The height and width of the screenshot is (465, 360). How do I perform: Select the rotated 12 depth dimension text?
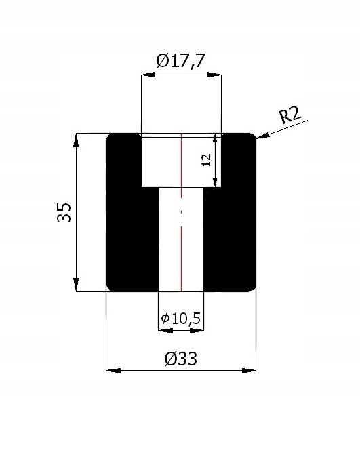(207, 159)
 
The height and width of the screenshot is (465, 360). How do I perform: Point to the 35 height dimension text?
(64, 212)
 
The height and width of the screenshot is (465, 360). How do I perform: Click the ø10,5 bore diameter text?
(180, 318)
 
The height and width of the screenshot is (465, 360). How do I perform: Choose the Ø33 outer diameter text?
(180, 359)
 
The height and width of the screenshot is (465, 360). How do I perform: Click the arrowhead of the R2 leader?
(260, 138)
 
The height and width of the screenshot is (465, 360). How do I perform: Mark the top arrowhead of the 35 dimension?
(77, 138)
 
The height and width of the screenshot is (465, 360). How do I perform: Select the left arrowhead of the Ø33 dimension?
(113, 370)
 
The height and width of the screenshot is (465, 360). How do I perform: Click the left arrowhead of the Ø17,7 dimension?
(146, 75)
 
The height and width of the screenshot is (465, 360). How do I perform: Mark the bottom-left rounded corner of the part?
(111, 287)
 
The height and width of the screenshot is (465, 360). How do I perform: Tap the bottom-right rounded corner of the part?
(253, 287)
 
